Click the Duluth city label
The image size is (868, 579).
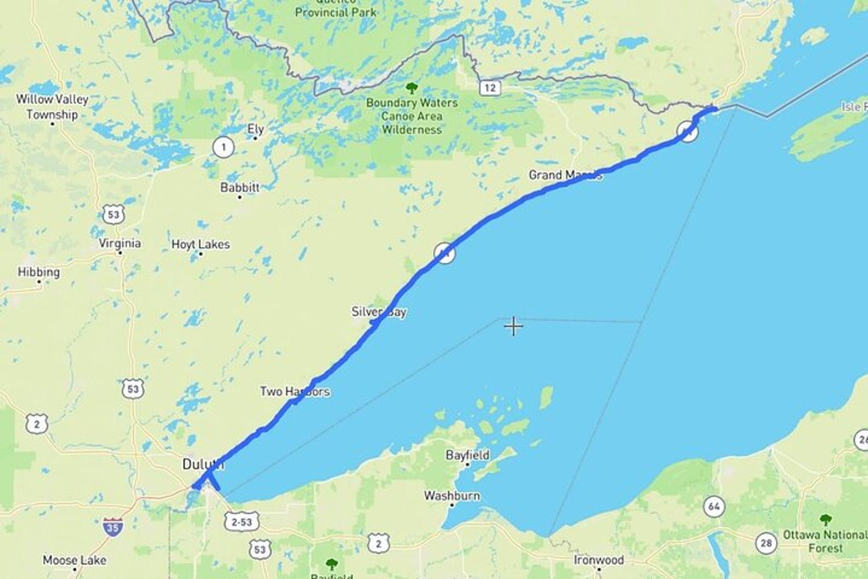(x=203, y=464)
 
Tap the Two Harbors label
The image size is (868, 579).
(x=295, y=391)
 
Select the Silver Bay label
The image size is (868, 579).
(x=379, y=312)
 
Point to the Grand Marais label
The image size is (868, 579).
(x=565, y=175)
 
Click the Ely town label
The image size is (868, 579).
(x=256, y=129)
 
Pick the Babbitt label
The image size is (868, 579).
(x=240, y=187)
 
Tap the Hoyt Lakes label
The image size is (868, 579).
(x=200, y=244)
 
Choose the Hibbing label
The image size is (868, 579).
(x=39, y=272)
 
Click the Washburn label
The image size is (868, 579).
(x=452, y=496)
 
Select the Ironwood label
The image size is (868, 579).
(x=598, y=560)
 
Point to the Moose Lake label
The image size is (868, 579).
(x=75, y=560)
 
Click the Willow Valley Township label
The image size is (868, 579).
(x=52, y=107)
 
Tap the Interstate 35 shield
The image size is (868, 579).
(x=113, y=527)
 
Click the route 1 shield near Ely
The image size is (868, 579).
(x=223, y=147)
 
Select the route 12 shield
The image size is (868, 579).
(x=490, y=88)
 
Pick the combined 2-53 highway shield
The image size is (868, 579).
(x=242, y=522)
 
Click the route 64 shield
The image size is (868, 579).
(x=714, y=507)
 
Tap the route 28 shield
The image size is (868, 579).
(x=766, y=543)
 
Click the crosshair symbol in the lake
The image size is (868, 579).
(x=513, y=326)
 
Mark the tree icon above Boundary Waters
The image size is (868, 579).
(x=411, y=88)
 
